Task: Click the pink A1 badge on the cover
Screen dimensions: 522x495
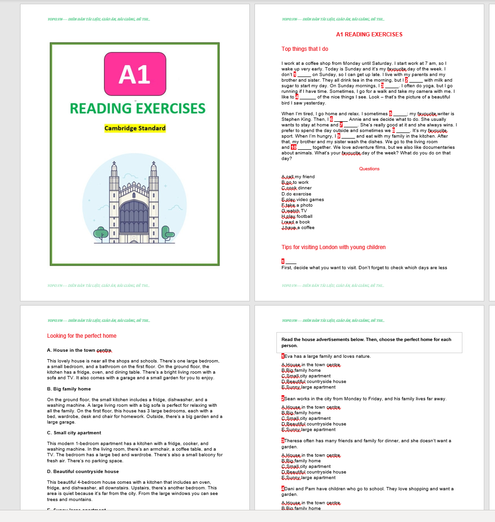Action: click(135, 75)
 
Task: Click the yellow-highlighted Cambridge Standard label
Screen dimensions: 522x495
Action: click(135, 128)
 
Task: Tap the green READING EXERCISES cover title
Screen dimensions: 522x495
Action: click(137, 109)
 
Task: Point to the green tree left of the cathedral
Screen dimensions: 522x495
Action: click(101, 233)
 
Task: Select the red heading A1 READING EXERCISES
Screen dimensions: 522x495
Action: click(369, 35)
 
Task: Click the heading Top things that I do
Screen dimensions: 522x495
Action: click(305, 49)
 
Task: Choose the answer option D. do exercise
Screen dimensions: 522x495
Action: click(296, 194)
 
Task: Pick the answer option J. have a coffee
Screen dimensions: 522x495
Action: click(298, 228)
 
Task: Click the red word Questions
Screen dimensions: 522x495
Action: click(369, 169)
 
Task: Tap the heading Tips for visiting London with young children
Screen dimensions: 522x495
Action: click(333, 247)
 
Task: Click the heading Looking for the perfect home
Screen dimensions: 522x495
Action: click(82, 336)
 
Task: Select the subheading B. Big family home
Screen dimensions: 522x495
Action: click(69, 389)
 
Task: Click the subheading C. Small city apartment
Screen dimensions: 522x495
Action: click(74, 433)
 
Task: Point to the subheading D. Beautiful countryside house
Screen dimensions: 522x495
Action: click(83, 472)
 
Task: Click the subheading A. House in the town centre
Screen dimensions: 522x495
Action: click(79, 350)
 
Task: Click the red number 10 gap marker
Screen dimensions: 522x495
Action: click(294, 147)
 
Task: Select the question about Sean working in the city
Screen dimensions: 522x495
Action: click(365, 399)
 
